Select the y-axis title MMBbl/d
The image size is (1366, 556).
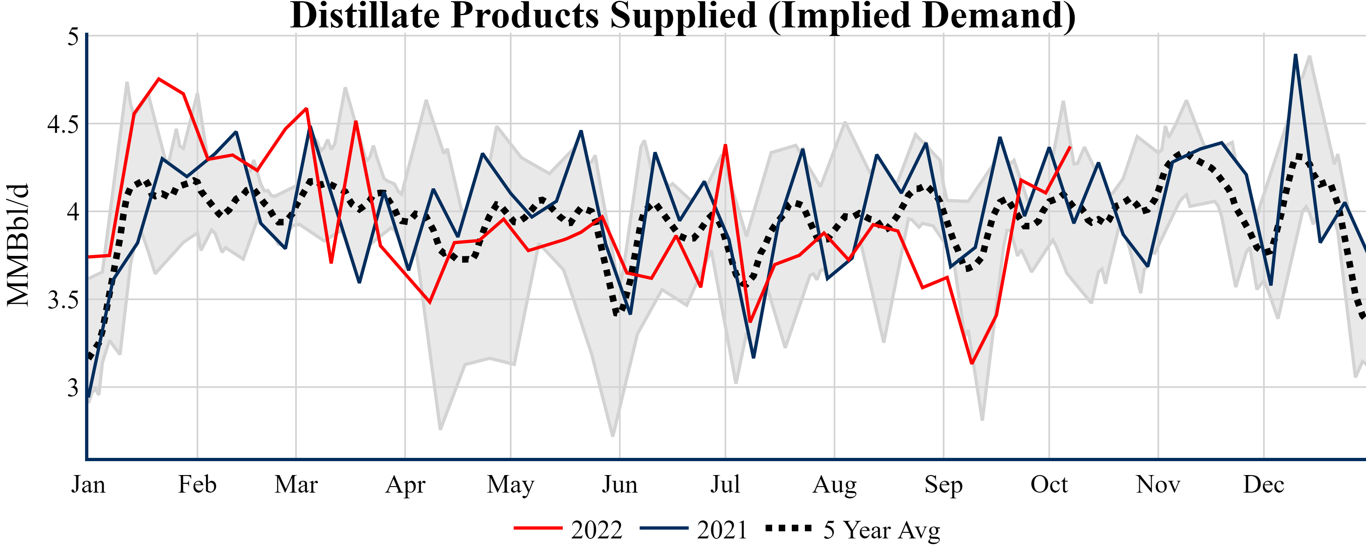[x=18, y=245]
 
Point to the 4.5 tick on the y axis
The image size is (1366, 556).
[x=63, y=125]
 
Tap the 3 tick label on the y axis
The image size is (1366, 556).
[x=73, y=388]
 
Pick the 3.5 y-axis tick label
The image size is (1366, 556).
[x=63, y=300]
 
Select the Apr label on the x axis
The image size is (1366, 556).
[x=405, y=484]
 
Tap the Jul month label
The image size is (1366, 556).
[x=725, y=484]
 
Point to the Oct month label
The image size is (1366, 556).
[x=1049, y=484]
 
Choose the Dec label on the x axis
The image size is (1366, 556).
[x=1264, y=484]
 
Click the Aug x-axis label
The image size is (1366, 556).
[x=834, y=484]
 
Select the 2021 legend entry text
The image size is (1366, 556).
[x=722, y=529]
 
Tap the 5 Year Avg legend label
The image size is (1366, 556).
[x=881, y=529]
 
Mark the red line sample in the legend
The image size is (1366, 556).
[x=538, y=528]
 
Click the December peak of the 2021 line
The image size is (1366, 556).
[x=1296, y=55]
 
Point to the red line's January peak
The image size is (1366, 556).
[x=159, y=79]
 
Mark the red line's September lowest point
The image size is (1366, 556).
[x=971, y=363]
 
